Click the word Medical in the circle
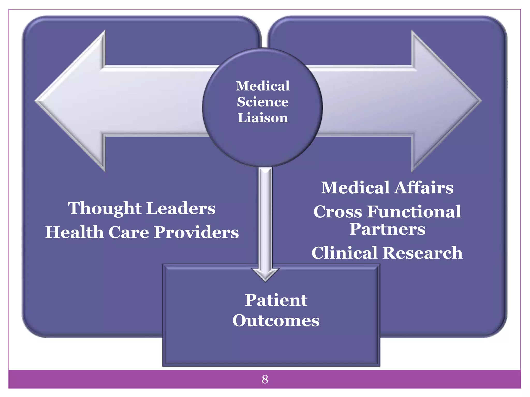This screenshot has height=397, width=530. [x=262, y=86]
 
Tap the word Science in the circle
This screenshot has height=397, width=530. [x=262, y=102]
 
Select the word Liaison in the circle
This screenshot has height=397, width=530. [x=262, y=118]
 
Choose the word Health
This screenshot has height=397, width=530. [x=75, y=232]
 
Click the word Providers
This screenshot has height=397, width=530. [x=196, y=232]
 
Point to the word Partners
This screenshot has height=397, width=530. [x=387, y=229]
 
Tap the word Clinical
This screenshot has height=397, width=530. [x=344, y=253]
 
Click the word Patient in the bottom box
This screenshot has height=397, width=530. [x=276, y=300]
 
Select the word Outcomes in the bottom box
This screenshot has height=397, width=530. [x=276, y=321]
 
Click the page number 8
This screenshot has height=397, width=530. [x=265, y=379]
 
